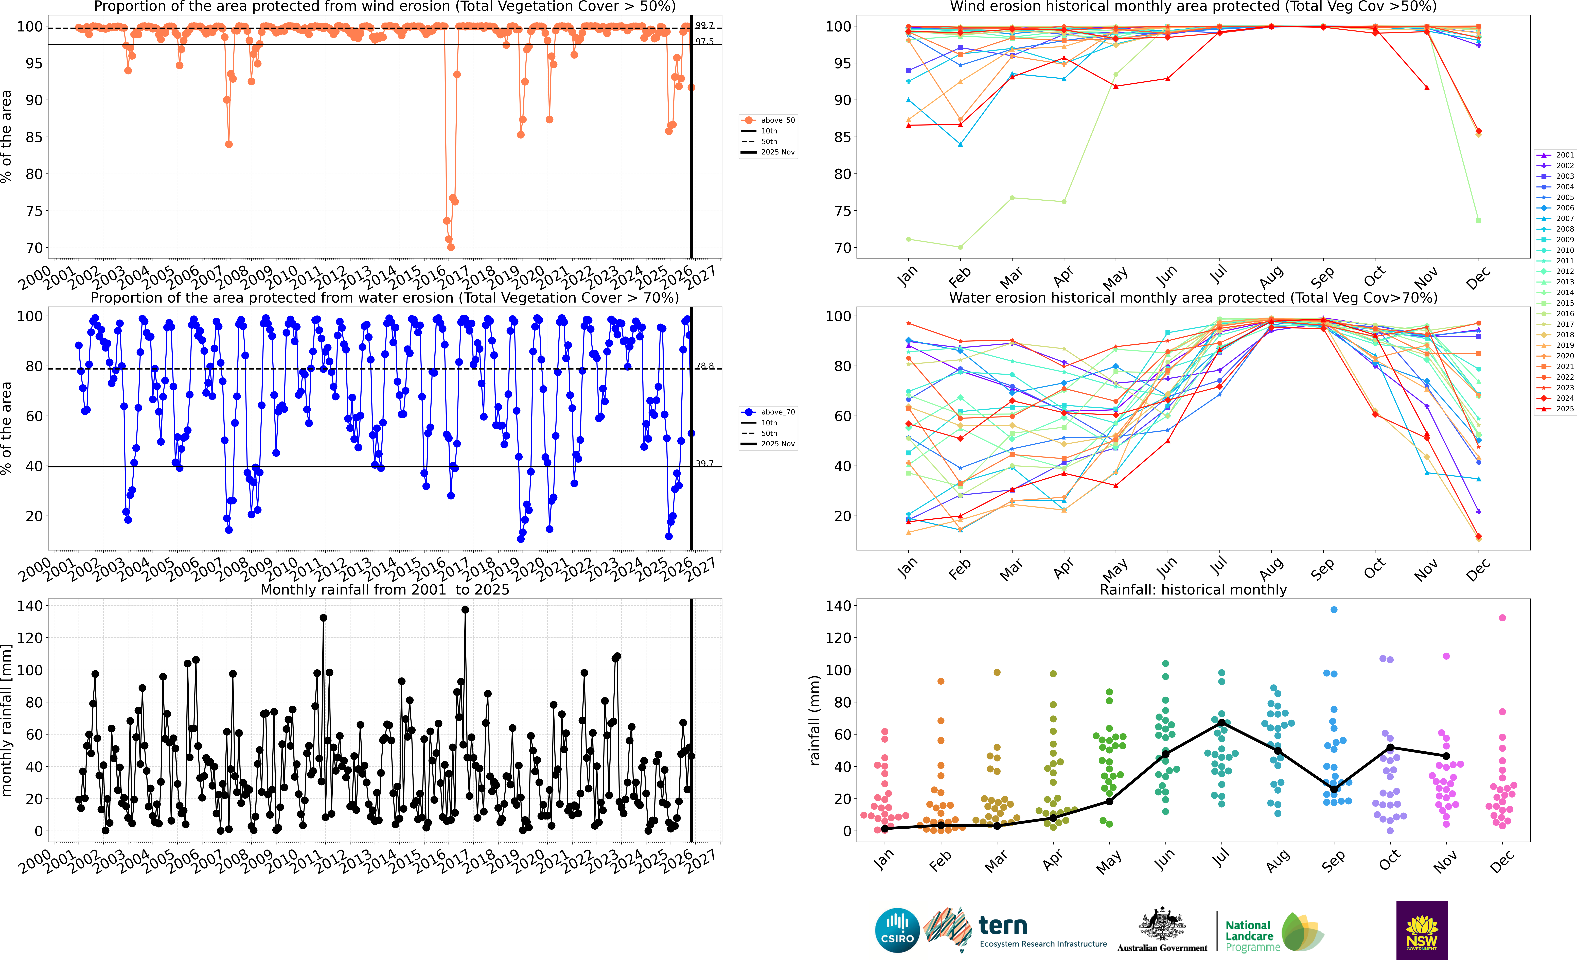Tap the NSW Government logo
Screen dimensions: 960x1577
1422,930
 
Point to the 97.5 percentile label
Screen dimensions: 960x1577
705,41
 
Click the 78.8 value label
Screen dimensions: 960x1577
705,366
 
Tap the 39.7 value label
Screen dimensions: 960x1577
705,463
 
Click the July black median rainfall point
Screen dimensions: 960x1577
1222,723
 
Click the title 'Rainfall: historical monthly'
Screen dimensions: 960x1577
1193,589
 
